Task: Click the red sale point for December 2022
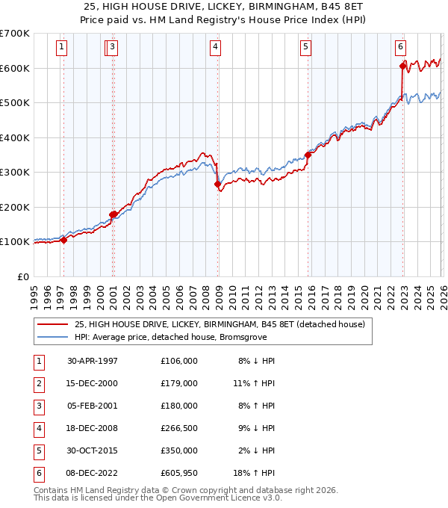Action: pos(402,66)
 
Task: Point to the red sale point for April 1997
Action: pos(64,240)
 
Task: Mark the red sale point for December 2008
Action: pos(217,184)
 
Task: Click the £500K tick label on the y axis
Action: pos(15,103)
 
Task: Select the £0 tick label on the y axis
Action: pos(22,276)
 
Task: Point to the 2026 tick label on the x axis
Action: pos(442,293)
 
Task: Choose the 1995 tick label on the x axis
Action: pos(34,293)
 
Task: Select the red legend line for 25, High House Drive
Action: pos(52,325)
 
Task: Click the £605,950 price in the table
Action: pos(179,474)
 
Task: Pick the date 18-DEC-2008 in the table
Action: pos(93,428)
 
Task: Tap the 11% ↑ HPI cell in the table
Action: pos(255,383)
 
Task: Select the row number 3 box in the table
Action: pos(37,406)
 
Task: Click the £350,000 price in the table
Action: pos(179,451)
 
